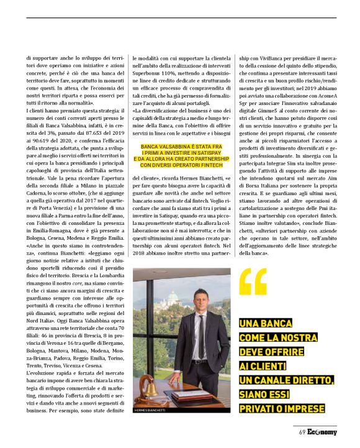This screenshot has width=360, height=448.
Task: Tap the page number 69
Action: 299,432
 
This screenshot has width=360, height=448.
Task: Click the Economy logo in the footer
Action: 322,432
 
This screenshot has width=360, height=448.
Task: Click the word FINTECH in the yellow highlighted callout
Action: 211,165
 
